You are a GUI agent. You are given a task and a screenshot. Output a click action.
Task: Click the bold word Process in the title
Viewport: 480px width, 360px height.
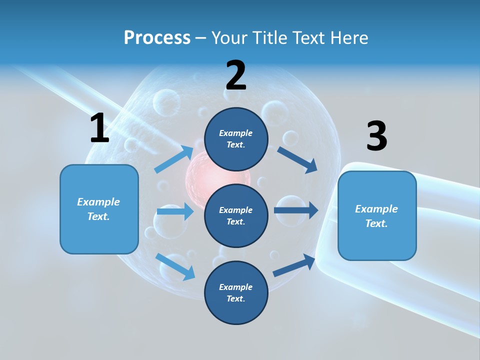(x=157, y=37)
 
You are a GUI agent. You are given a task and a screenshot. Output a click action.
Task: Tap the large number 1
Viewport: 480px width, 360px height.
(x=99, y=128)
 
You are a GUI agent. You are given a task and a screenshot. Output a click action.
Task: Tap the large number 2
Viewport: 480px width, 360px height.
(x=236, y=75)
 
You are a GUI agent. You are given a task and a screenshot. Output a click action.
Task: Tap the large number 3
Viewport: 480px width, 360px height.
(x=376, y=136)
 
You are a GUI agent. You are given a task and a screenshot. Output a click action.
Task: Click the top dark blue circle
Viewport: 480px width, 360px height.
(x=236, y=139)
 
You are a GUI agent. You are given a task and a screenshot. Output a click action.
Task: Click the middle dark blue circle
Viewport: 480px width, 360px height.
(x=236, y=215)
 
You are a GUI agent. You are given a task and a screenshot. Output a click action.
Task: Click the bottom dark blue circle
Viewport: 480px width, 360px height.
(x=236, y=292)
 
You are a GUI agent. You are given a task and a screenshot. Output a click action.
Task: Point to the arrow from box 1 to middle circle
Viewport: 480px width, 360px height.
(x=175, y=211)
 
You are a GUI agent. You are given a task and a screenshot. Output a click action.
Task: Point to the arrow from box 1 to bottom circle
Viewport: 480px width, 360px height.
(x=175, y=266)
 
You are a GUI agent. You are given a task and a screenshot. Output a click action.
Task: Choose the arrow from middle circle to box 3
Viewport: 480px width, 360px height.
(x=295, y=210)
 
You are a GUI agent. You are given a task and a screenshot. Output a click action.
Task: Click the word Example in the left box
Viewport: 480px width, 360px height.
(x=98, y=202)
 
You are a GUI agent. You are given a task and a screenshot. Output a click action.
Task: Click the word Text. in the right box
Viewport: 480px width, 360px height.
(x=376, y=223)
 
